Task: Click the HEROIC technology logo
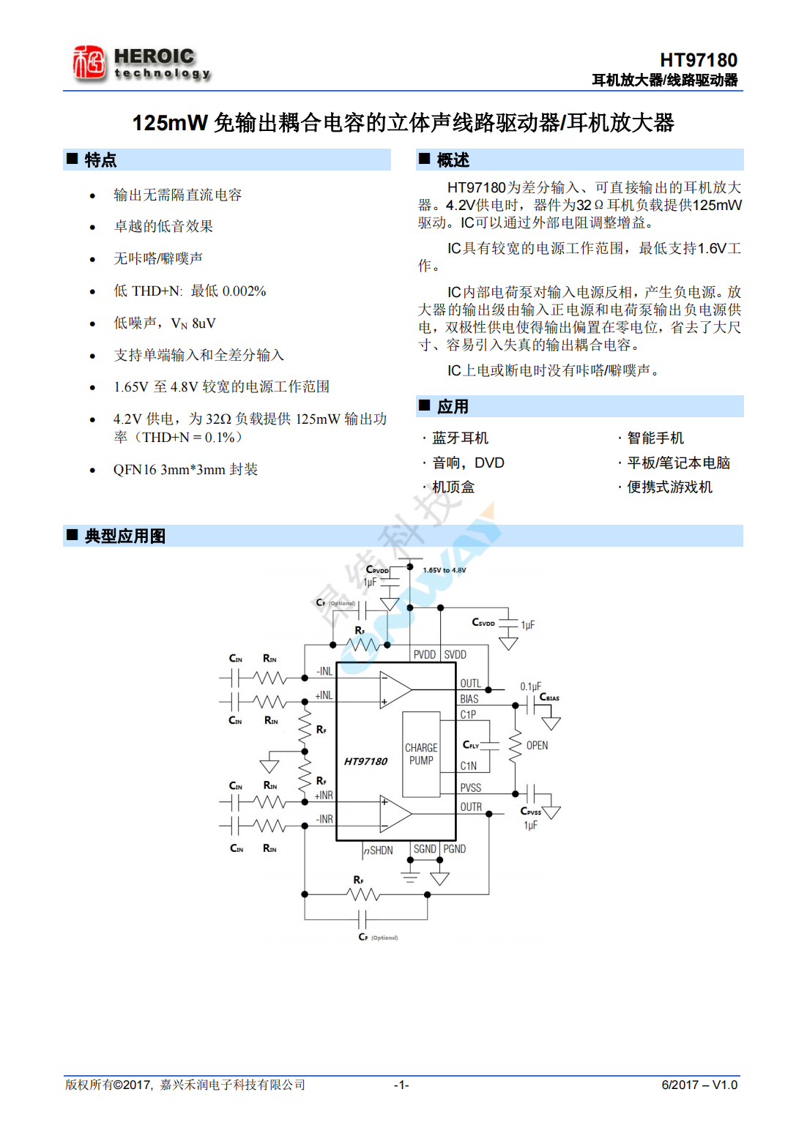[141, 64]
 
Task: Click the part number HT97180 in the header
[698, 60]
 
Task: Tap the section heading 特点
[100, 160]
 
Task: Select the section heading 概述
[453, 160]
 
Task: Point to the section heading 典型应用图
[124, 536]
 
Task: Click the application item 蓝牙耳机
[460, 438]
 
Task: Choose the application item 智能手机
[655, 438]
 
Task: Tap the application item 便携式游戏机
[669, 487]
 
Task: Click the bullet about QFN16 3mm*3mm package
[185, 470]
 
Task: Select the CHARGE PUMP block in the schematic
[421, 755]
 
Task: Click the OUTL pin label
[471, 684]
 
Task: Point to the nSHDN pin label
[379, 850]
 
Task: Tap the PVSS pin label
[471, 788]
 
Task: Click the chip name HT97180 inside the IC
[365, 762]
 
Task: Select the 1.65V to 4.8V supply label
[445, 570]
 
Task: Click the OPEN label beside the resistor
[537, 746]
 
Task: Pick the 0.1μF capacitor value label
[531, 687]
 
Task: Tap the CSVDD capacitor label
[483, 623]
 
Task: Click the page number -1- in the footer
[401, 1085]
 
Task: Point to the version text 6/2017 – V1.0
[699, 1085]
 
